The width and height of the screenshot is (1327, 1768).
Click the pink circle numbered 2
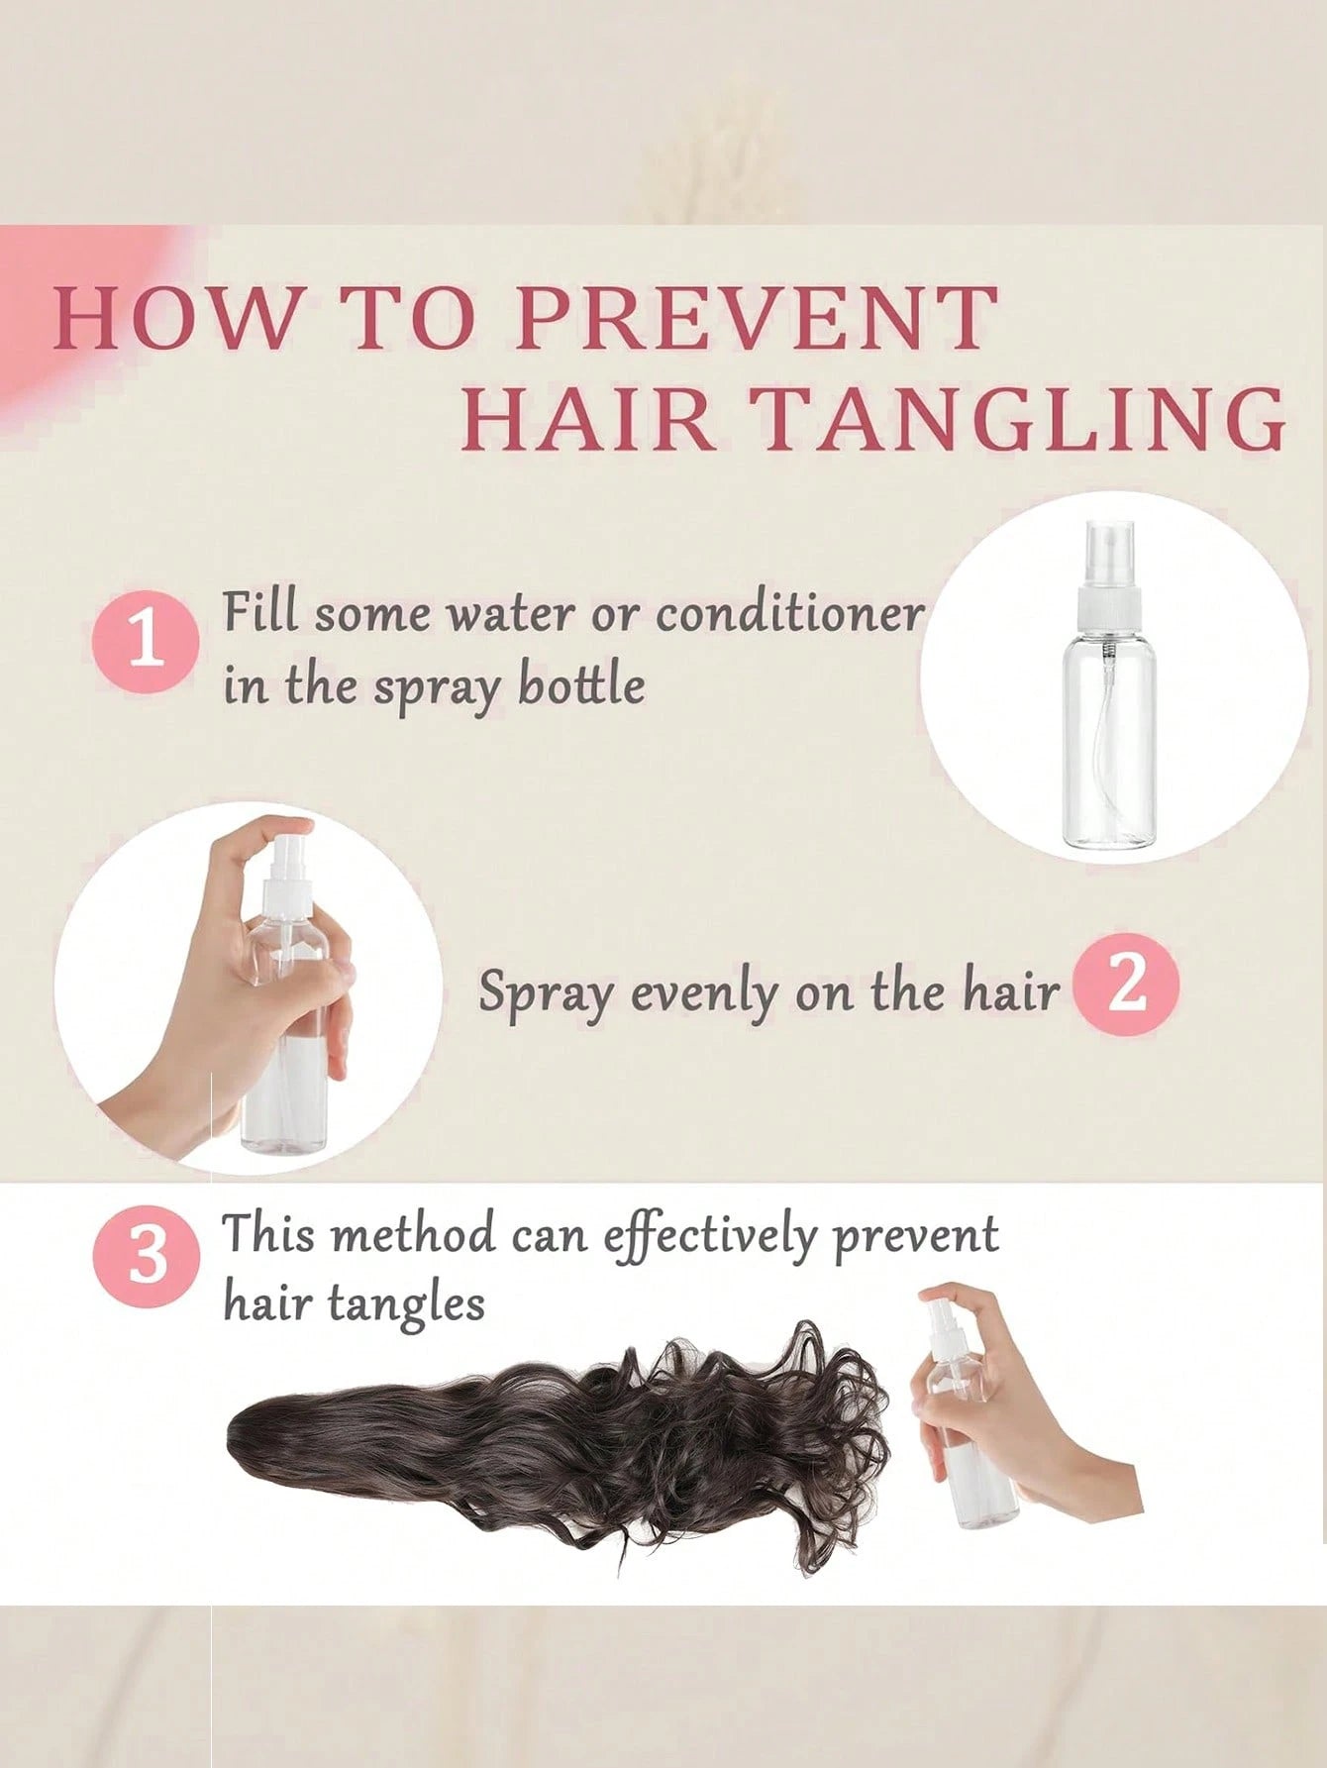coord(1127,988)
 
